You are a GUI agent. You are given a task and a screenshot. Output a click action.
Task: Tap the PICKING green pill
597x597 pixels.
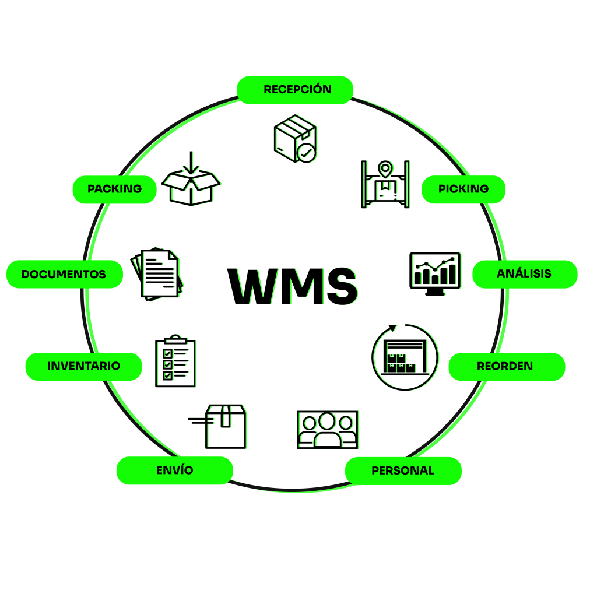(x=463, y=189)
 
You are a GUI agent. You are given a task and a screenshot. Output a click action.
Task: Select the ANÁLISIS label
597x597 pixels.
(x=524, y=274)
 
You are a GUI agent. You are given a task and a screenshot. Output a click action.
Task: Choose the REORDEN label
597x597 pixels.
(x=505, y=367)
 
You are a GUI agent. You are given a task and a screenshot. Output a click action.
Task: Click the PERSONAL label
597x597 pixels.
(x=403, y=470)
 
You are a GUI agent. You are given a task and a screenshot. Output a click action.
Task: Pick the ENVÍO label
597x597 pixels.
(x=175, y=470)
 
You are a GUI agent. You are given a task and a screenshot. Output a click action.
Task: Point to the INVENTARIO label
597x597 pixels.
(x=83, y=367)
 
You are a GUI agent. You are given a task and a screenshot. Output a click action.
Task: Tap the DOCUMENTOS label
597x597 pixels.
(x=64, y=274)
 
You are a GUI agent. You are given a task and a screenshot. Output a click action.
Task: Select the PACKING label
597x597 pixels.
(x=115, y=189)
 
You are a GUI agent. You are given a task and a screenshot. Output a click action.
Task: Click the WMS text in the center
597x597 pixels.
(x=292, y=286)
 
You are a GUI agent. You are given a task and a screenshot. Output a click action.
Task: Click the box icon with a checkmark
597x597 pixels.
(x=295, y=138)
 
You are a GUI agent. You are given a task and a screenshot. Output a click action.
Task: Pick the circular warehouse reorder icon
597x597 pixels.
(x=405, y=357)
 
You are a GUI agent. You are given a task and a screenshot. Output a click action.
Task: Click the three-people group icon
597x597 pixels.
(x=327, y=430)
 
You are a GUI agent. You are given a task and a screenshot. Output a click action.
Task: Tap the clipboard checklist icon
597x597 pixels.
(x=175, y=362)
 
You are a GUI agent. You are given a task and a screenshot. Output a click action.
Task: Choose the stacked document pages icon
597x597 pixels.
(x=156, y=274)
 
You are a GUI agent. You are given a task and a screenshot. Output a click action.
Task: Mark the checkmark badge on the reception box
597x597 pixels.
(x=306, y=153)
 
